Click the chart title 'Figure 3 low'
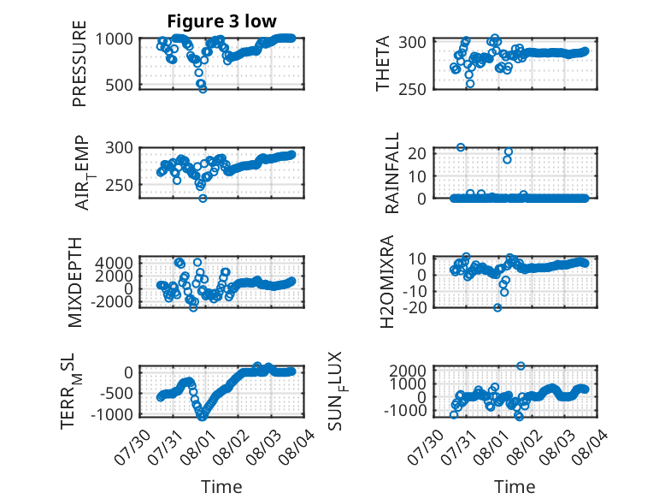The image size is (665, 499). (x=221, y=21)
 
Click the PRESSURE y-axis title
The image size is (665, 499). (x=79, y=63)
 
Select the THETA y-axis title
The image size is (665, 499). (x=383, y=63)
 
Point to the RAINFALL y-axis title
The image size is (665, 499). (x=392, y=172)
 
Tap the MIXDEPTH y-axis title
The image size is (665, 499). (x=74, y=282)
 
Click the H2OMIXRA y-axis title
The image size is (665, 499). (x=387, y=282)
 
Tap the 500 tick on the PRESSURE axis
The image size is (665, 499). (x=119, y=85)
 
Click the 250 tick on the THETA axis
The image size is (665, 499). (x=412, y=89)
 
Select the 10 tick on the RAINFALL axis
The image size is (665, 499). (x=417, y=175)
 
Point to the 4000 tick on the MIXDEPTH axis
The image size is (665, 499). (x=114, y=263)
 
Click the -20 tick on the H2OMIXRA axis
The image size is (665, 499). (x=415, y=307)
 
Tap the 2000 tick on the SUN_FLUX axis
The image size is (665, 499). (x=408, y=371)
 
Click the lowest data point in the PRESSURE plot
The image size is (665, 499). (x=203, y=89)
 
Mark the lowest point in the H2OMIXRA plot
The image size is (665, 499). (x=497, y=307)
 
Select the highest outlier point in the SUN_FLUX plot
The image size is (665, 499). (x=521, y=365)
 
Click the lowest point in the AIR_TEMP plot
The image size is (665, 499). (x=203, y=199)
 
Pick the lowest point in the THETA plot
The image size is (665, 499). (x=470, y=84)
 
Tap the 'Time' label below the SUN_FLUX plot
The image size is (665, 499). (x=515, y=486)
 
